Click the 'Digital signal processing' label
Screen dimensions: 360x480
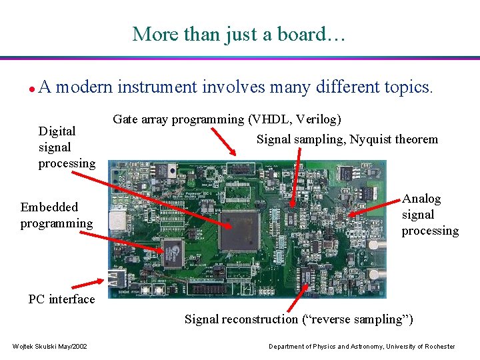coord(66,147)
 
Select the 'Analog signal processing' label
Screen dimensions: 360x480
coord(430,215)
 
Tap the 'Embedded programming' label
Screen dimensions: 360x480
coord(56,215)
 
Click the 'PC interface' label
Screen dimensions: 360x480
coord(61,299)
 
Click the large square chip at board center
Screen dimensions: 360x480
coord(238,230)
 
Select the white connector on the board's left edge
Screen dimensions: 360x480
coord(118,219)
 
